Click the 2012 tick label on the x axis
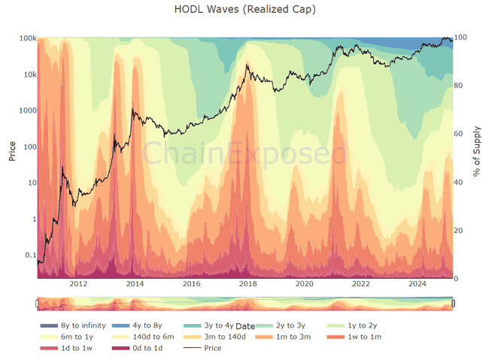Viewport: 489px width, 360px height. click(x=78, y=284)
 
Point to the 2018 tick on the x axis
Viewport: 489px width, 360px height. click(x=248, y=284)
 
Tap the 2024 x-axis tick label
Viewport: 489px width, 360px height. click(x=417, y=284)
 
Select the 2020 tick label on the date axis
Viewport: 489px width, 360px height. click(x=304, y=284)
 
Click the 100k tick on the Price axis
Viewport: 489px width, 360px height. click(x=29, y=38)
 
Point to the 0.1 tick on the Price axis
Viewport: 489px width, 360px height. click(x=31, y=256)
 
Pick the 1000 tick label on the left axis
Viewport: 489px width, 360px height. click(x=28, y=110)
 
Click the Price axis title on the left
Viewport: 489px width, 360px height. click(x=12, y=151)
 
